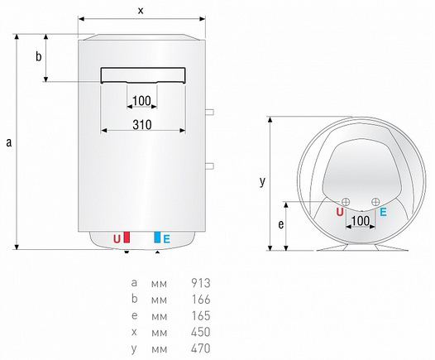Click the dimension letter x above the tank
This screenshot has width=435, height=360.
(141, 11)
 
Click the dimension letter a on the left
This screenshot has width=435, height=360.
(9, 142)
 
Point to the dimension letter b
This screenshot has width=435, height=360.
(39, 56)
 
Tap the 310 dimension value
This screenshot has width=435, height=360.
(142, 125)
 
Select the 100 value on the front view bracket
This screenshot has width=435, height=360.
(141, 101)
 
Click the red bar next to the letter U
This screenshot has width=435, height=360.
(127, 238)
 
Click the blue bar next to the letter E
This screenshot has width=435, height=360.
(157, 238)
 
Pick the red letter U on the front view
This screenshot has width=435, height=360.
(117, 239)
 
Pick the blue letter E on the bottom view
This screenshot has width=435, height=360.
(383, 212)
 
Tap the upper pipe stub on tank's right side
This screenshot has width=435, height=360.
(209, 113)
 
